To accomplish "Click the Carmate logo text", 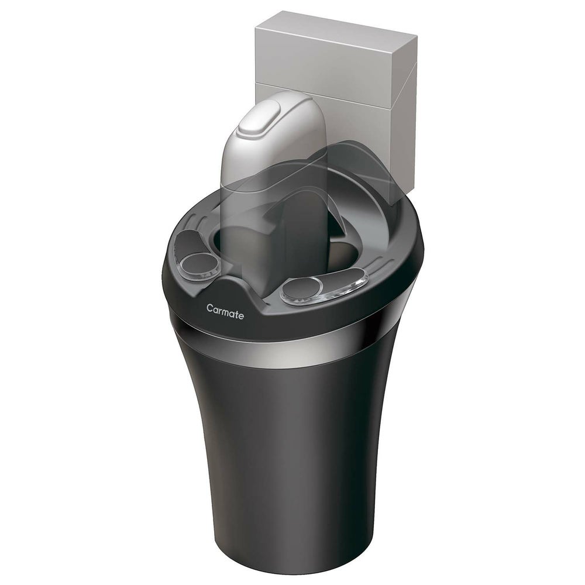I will [225, 309].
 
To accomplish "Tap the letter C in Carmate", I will [210, 307].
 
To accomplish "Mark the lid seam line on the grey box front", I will [328, 87].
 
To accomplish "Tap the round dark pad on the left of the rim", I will [201, 263].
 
